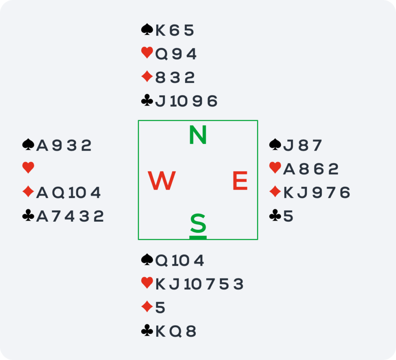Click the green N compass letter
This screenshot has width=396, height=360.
pyautogui.click(x=198, y=135)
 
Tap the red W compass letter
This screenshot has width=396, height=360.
pyautogui.click(x=162, y=180)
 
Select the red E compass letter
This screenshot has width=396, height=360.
pyautogui.click(x=240, y=180)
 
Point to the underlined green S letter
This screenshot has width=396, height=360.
pyautogui.click(x=198, y=223)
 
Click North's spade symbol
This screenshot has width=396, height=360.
pyautogui.click(x=147, y=29)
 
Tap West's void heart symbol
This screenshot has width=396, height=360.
pyautogui.click(x=28, y=168)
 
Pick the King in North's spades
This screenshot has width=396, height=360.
pyautogui.click(x=160, y=30)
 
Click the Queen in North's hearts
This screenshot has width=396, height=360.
pyautogui.click(x=161, y=54)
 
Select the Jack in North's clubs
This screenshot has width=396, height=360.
pyautogui.click(x=160, y=101)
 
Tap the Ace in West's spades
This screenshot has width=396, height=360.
pyautogui.click(x=42, y=146)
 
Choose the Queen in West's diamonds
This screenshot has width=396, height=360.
pyautogui.click(x=58, y=193)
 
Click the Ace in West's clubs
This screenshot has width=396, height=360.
pyautogui.click(x=42, y=216)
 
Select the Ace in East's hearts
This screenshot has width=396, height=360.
pyautogui.click(x=289, y=169)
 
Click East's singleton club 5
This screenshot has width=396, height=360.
pyautogui.click(x=288, y=216)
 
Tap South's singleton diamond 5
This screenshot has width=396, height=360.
pyautogui.click(x=160, y=307)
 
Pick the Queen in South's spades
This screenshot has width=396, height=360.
pyautogui.click(x=161, y=261)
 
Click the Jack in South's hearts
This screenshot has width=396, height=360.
pyautogui.click(x=174, y=284)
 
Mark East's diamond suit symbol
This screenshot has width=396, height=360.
pyautogui.click(x=275, y=192)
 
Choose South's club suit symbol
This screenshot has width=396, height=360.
pyautogui.click(x=147, y=330)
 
